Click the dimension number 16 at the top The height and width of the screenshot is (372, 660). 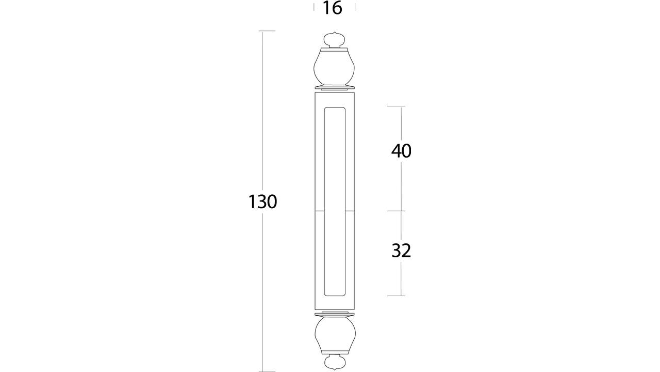coord(333,8)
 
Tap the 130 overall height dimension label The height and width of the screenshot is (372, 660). coord(263,202)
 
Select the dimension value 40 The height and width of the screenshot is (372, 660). coord(401,151)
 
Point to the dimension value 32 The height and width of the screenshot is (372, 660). coord(401,251)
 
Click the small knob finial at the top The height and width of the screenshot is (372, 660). coord(334,40)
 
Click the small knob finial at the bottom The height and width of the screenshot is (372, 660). coord(335,362)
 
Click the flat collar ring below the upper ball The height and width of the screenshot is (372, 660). coord(335,88)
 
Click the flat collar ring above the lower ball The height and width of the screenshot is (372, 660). coord(335,314)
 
